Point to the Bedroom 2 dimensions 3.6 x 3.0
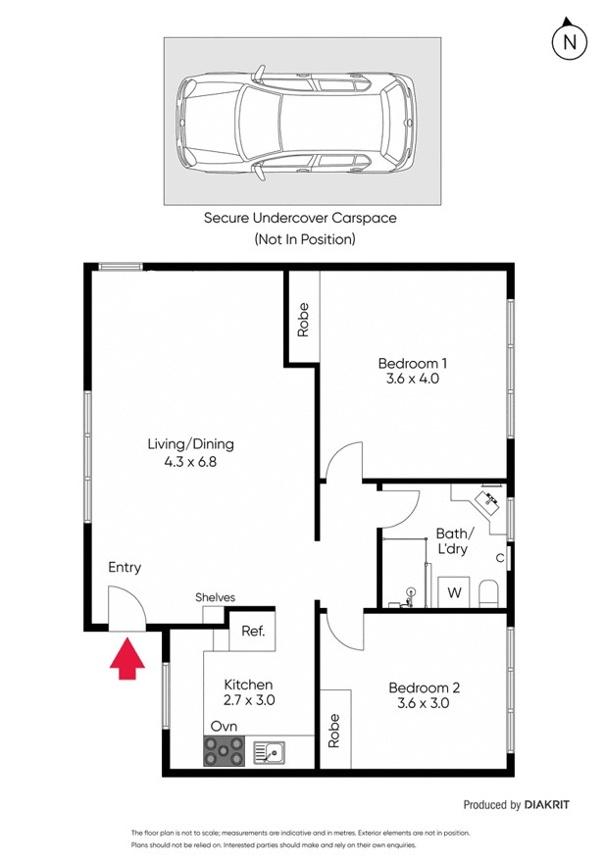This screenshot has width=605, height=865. (423, 703)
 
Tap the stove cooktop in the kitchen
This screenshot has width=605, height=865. (224, 751)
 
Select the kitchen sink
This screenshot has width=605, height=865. (269, 752)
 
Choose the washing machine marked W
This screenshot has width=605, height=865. (455, 592)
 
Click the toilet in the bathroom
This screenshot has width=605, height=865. (489, 592)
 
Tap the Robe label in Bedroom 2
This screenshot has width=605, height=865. (333, 729)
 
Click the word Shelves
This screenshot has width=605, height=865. (215, 597)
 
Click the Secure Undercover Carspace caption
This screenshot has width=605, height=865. (300, 218)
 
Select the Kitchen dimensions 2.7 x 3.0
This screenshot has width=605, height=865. (248, 700)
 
